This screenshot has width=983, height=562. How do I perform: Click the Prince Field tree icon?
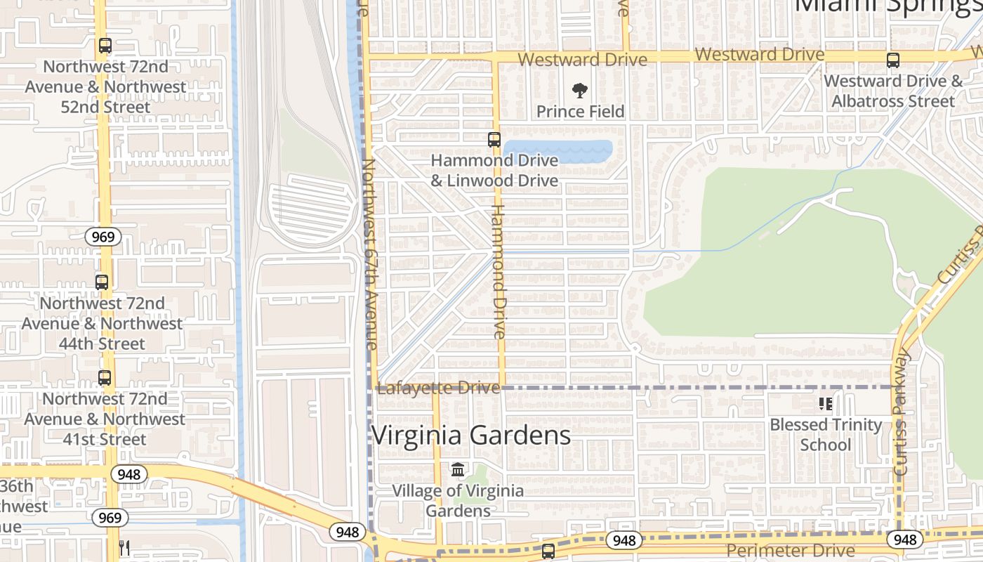point(580,90)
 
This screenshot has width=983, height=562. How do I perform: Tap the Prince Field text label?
point(580,111)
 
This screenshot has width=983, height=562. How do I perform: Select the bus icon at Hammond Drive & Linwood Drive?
point(494,139)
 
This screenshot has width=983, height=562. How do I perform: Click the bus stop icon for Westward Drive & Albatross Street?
point(892,60)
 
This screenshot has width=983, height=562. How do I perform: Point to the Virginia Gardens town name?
point(470,435)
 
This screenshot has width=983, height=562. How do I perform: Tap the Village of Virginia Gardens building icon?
point(458,469)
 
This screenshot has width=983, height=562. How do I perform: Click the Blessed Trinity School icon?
point(826,404)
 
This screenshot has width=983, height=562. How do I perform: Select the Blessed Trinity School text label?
point(826,434)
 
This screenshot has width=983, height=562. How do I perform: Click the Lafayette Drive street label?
point(438,388)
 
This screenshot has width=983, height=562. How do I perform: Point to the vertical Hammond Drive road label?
point(499,271)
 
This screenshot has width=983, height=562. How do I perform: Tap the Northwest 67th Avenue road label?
point(369,253)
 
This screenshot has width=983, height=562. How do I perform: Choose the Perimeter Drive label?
point(791,550)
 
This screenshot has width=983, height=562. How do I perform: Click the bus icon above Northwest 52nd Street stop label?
point(105,46)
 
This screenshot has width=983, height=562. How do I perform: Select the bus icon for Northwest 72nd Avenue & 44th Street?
point(102,282)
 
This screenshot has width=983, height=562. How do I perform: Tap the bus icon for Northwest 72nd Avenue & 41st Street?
point(105,377)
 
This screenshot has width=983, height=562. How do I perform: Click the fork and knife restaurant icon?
point(124,547)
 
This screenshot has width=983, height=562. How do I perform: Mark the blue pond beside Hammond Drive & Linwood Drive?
point(558,150)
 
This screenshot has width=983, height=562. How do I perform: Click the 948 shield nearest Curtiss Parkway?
point(905,539)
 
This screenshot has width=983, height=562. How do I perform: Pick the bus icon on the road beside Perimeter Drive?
point(548,551)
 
